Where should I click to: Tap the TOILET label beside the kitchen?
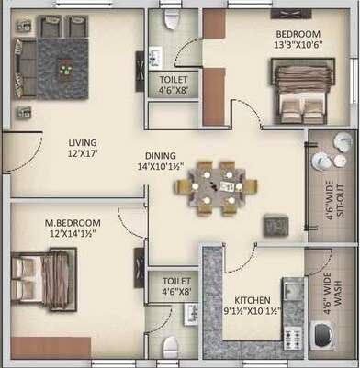[x=176, y=281]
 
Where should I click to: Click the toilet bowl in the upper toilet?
[x=168, y=22]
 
